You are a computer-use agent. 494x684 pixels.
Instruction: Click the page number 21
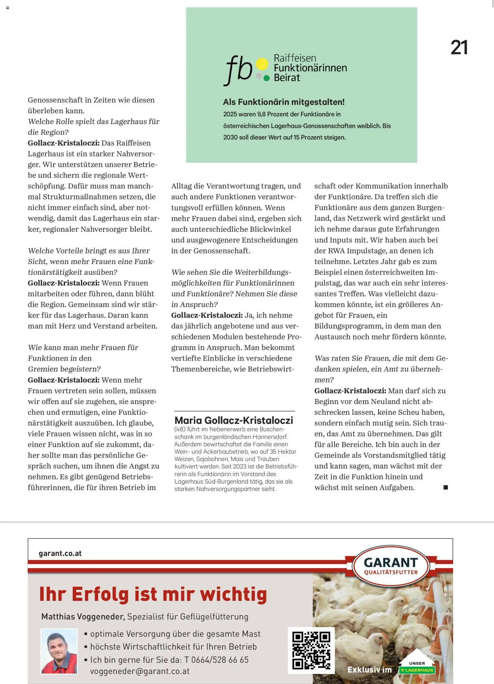(459, 48)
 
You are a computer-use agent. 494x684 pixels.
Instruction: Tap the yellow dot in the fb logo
(262, 64)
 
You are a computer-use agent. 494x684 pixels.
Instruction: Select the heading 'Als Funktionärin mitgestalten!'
(284, 102)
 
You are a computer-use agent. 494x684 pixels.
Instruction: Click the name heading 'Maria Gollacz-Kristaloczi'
(234, 420)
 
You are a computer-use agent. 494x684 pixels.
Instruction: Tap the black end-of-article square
(446, 487)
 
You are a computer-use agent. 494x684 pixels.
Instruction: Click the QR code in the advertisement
(311, 650)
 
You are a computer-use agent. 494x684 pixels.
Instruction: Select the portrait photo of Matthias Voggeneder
(59, 651)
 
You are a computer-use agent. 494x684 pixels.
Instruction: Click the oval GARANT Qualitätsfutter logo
(391, 566)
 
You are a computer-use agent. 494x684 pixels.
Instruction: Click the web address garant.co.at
(60, 553)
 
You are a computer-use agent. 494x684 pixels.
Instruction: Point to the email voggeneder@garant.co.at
(140, 671)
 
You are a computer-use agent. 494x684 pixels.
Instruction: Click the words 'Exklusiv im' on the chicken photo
(369, 670)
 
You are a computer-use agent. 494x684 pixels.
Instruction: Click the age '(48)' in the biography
(180, 429)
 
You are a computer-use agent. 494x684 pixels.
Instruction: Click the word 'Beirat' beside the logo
(287, 77)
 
